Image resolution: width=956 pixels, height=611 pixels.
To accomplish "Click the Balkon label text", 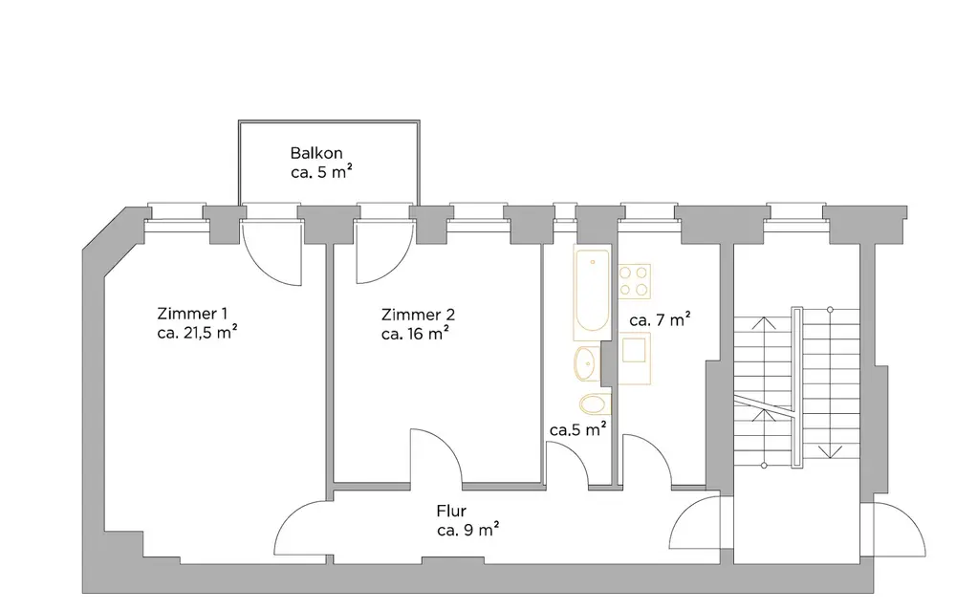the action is click(x=316, y=153).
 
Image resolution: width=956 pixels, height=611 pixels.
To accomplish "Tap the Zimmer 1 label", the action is click(x=191, y=314).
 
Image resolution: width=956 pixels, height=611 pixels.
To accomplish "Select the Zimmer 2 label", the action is click(x=417, y=315).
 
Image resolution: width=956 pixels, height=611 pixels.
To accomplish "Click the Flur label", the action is click(x=451, y=512).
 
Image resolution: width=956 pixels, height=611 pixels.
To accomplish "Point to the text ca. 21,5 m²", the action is click(x=196, y=333).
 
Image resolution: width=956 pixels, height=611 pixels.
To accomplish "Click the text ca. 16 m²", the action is click(x=415, y=334).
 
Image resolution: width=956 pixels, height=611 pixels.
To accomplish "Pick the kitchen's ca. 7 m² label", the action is click(x=660, y=320).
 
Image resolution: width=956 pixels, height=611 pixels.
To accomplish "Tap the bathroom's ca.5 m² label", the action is click(x=579, y=430).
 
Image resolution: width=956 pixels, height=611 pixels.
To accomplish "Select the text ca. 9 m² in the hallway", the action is click(x=468, y=530).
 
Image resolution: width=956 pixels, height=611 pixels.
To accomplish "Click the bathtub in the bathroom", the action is click(x=589, y=292).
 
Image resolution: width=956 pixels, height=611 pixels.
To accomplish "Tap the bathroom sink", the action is click(x=586, y=362).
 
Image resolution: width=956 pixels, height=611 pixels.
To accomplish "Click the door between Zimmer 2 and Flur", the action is click(x=435, y=457).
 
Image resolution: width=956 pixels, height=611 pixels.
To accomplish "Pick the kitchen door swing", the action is click(x=647, y=461).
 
